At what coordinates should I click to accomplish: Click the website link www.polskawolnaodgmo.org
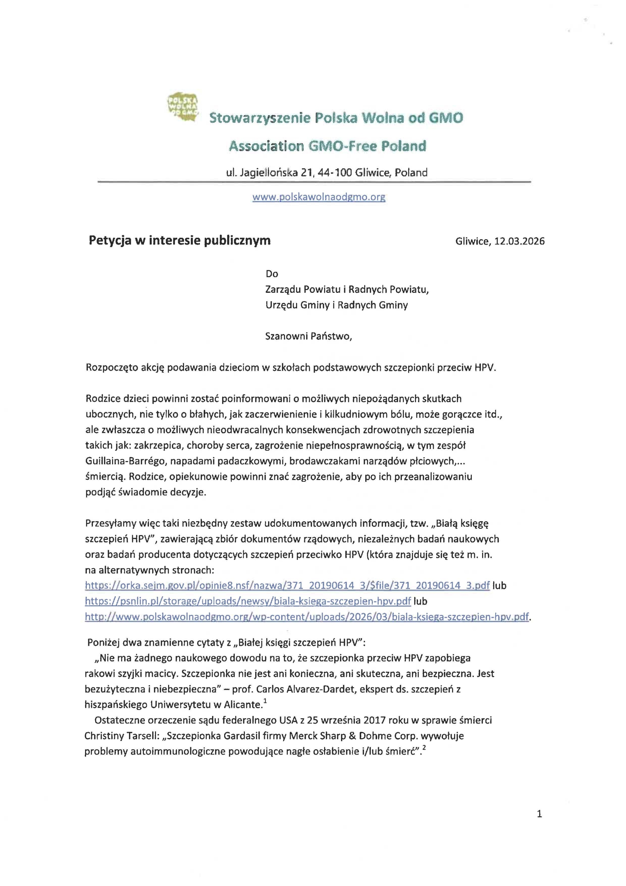tap(319, 197)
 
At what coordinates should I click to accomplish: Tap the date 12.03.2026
tap(519, 241)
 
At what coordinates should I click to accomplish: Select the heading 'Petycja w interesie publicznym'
tap(179, 241)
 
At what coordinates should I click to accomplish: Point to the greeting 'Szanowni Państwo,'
tap(308, 336)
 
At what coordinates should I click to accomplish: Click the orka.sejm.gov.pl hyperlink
tap(287, 585)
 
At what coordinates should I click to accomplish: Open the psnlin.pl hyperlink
tap(248, 601)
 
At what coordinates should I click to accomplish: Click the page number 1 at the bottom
tap(539, 814)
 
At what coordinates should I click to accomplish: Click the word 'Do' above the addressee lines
tap(271, 274)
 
